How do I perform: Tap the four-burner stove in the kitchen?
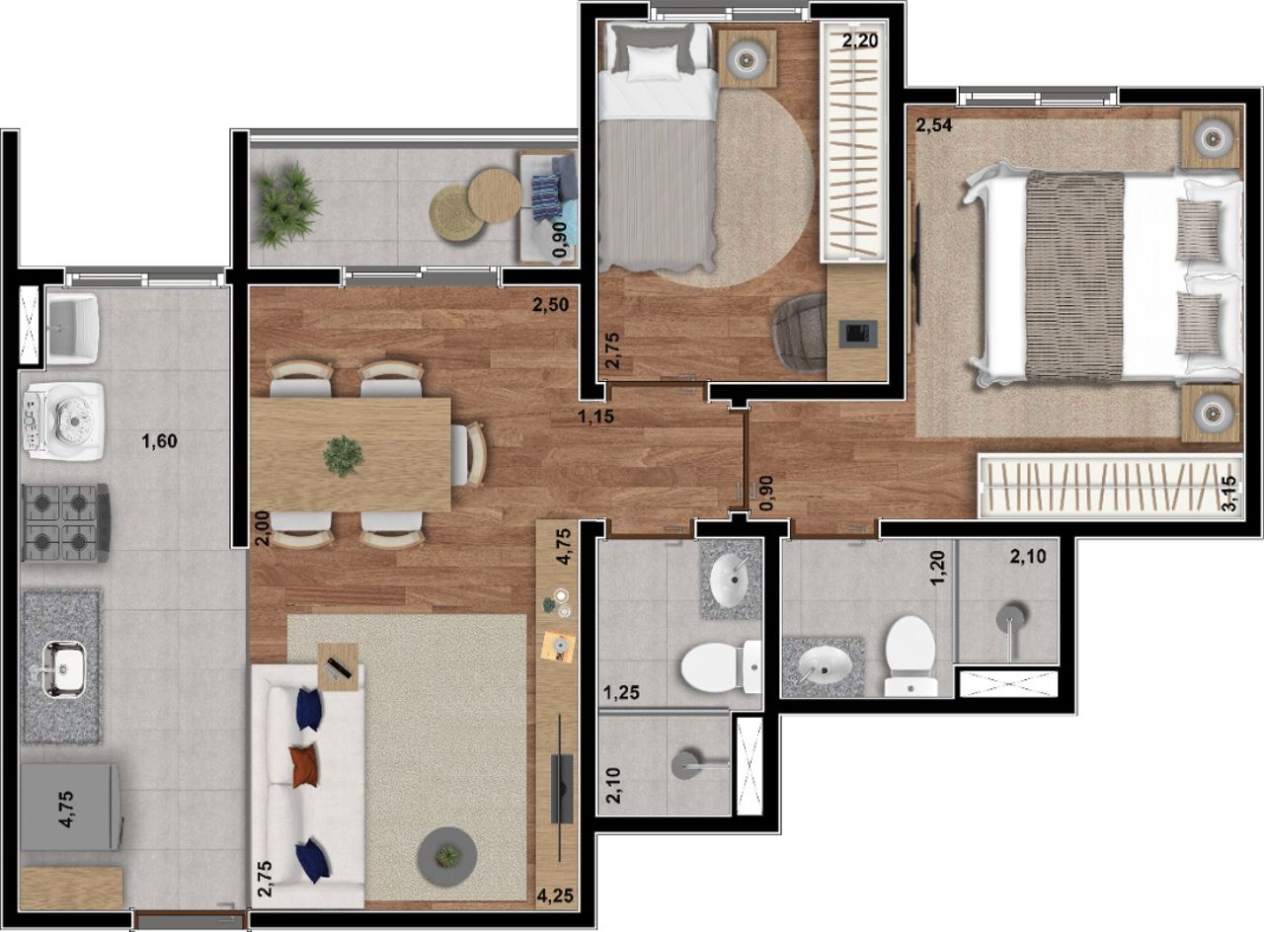[65, 522]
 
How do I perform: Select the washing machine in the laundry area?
[64, 418]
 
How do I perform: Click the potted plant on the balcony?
[287, 203]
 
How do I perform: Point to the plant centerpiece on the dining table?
[343, 456]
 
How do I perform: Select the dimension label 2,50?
[551, 305]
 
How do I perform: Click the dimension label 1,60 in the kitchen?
[159, 441]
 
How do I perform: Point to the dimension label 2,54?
[934, 125]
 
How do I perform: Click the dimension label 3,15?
[1229, 494]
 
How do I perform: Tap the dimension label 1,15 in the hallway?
[595, 417]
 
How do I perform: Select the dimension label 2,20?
[860, 40]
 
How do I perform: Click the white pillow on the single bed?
[653, 62]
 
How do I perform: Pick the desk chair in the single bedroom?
[800, 333]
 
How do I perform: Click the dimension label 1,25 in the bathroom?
[622, 692]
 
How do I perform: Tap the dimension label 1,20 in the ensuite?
[938, 568]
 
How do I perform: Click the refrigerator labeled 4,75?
[70, 807]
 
